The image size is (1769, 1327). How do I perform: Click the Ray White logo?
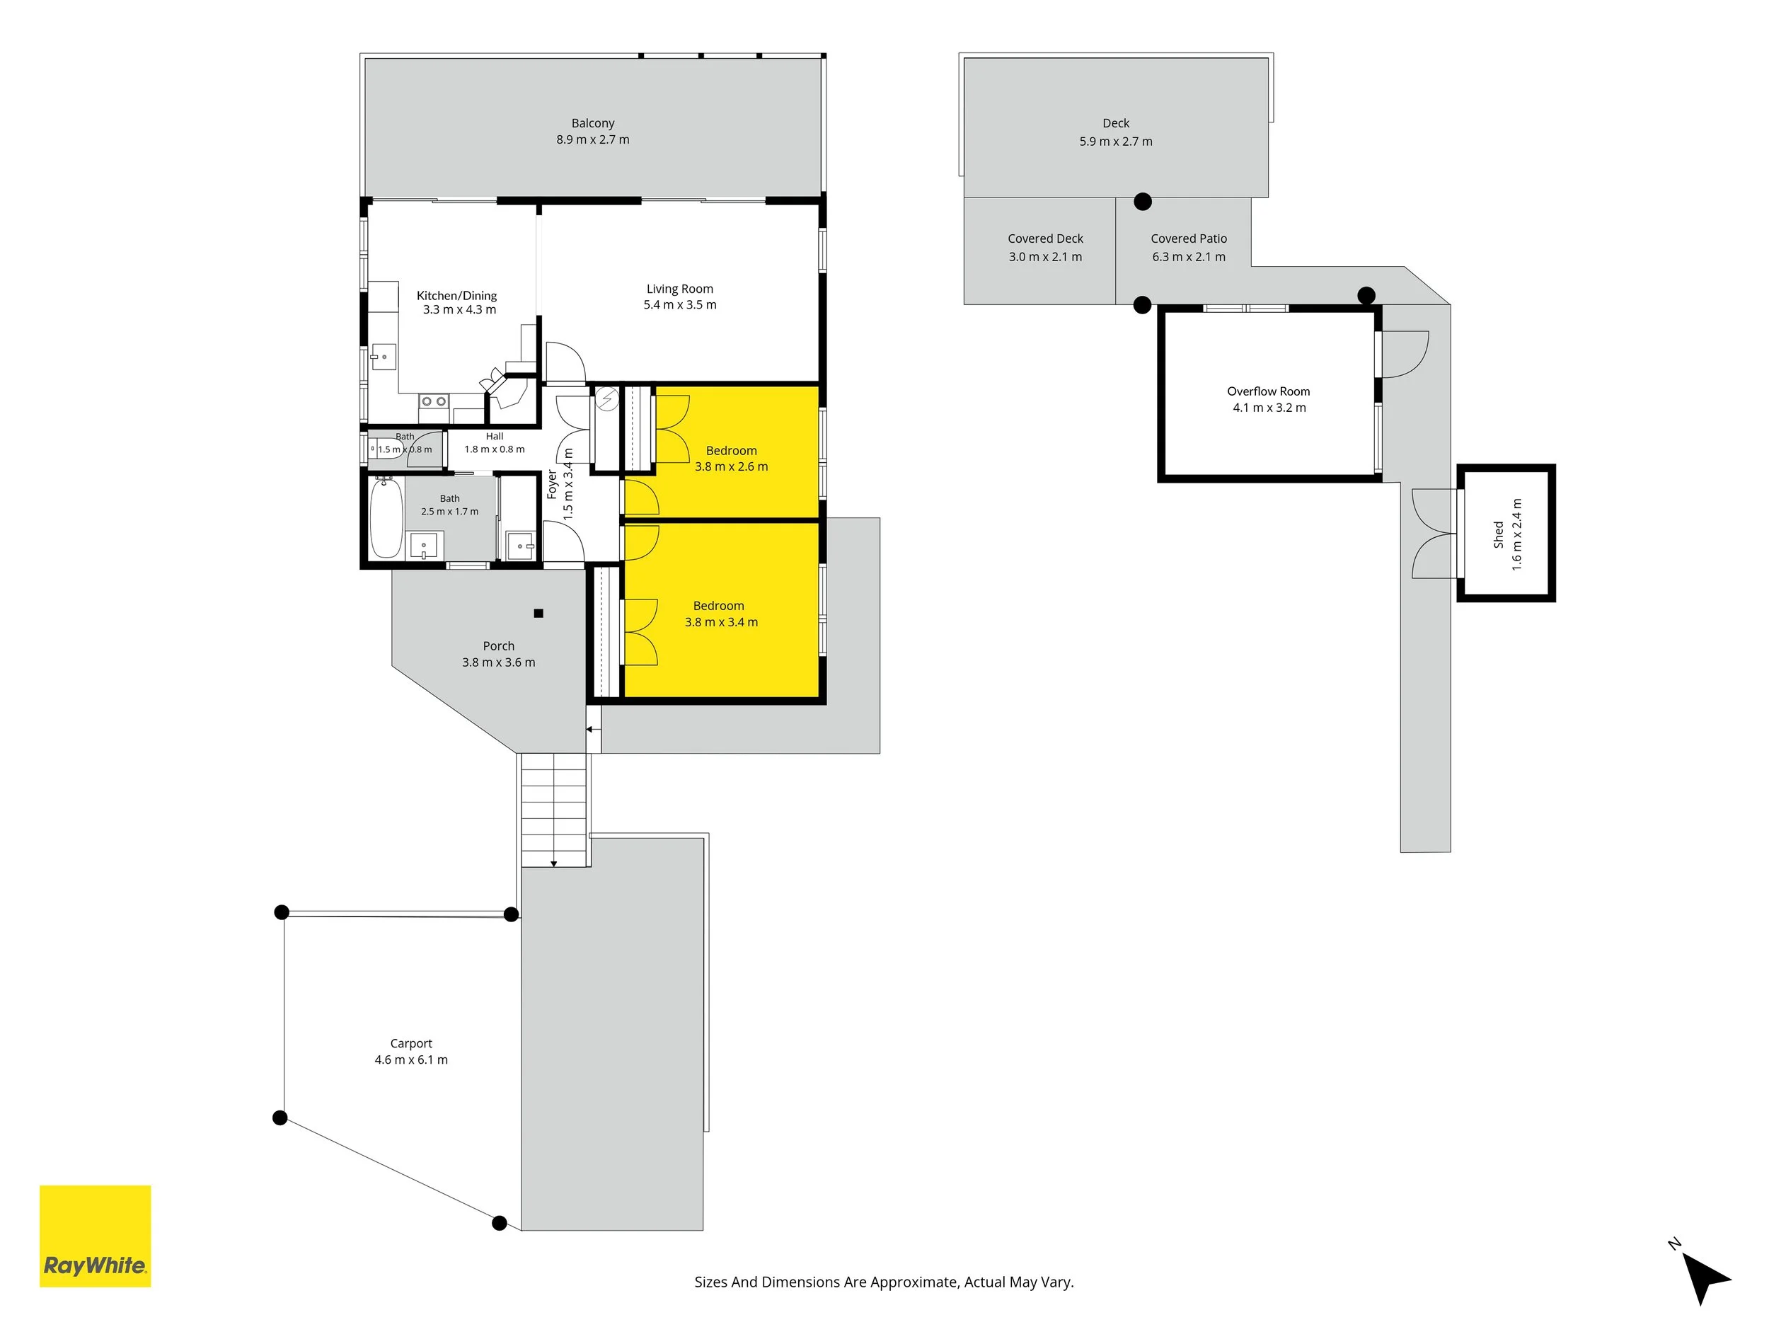tap(95, 1236)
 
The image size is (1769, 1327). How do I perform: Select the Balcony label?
tap(592, 123)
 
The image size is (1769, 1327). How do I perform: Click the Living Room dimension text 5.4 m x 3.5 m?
tap(680, 305)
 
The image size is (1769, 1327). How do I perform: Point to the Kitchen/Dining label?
tap(456, 296)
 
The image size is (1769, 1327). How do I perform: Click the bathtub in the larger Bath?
tap(386, 517)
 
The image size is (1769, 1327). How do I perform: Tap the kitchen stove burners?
tap(434, 401)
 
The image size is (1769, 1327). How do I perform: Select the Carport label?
tap(411, 1043)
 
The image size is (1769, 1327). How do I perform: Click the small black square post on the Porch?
tap(538, 614)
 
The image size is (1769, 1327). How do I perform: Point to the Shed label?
tap(1498, 534)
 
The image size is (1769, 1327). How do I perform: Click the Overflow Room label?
tap(1268, 391)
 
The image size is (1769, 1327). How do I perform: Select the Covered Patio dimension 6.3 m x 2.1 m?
tap(1188, 257)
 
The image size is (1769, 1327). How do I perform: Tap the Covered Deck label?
tap(1045, 239)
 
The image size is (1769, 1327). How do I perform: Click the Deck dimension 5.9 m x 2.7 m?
tap(1116, 142)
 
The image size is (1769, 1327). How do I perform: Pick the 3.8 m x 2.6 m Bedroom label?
tap(731, 450)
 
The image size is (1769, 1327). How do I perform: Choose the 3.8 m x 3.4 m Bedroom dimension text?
tap(721, 622)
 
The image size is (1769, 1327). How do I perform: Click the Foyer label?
tap(552, 485)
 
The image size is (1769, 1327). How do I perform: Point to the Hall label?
tap(494, 436)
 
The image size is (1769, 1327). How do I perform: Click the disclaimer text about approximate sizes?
tap(884, 1282)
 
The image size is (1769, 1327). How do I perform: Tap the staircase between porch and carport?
tap(555, 810)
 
